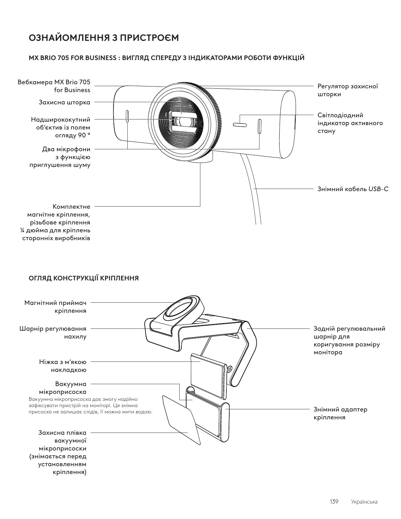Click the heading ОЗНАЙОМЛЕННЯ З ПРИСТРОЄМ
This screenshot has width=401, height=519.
click(104, 38)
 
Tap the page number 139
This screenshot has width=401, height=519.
click(334, 502)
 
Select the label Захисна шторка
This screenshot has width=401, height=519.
click(64, 102)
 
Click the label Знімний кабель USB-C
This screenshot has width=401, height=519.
click(353, 189)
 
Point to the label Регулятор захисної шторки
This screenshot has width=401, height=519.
click(348, 90)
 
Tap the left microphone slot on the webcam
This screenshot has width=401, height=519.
click(127, 117)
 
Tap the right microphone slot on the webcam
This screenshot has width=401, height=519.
click(259, 126)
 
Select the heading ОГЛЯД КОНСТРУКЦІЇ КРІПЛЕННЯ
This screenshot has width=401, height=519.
click(84, 278)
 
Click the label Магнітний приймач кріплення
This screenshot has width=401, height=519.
click(55, 306)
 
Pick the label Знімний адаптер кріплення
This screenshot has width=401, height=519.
click(340, 413)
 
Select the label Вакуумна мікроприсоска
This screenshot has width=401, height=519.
click(70, 388)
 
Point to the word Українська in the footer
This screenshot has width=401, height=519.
click(364, 502)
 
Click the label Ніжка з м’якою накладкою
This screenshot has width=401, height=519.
click(63, 366)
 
